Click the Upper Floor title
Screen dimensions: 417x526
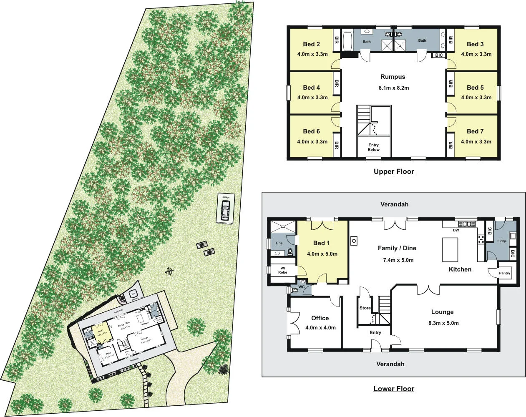(x=393, y=171)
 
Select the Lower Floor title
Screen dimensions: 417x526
(x=393, y=389)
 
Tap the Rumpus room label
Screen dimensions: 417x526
(x=393, y=77)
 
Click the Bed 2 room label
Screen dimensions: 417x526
(x=312, y=44)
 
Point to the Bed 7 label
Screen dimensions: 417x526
(x=475, y=131)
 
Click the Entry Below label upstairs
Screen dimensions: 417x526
(x=373, y=147)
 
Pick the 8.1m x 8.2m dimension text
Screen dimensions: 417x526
(x=393, y=88)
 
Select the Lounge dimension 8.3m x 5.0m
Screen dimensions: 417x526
(x=443, y=323)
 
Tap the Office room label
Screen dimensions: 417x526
(x=320, y=318)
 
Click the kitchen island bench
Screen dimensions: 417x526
(x=450, y=249)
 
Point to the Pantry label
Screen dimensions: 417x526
(x=504, y=273)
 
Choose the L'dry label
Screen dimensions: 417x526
(x=501, y=241)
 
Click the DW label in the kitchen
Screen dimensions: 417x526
(x=456, y=230)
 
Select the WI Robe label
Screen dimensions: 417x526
(x=282, y=270)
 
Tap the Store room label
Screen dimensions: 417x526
(x=365, y=308)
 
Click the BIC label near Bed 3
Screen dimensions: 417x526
(x=439, y=55)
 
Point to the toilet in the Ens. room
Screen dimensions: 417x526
(x=289, y=251)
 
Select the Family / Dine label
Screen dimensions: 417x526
(x=397, y=248)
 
